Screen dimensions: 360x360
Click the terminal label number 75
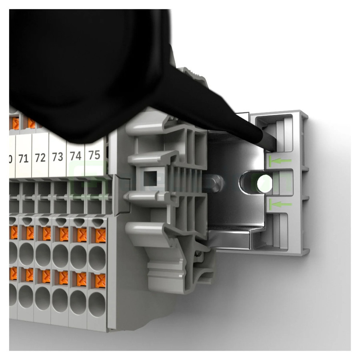[x=94, y=155]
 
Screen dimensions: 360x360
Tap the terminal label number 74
[x=76, y=156]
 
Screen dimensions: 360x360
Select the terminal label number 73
[x=58, y=157]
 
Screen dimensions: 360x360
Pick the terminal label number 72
[x=40, y=158]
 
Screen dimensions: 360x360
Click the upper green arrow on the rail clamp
[x=280, y=162]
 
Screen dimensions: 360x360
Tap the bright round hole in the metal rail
[x=265, y=184]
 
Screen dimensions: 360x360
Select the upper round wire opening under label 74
[x=78, y=254]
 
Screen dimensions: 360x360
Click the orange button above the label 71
[x=32, y=122]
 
